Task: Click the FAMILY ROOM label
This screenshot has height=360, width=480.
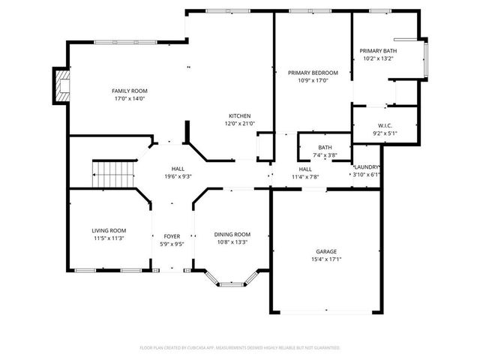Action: (x=129, y=90)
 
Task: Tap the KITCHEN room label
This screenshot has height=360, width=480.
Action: (x=240, y=115)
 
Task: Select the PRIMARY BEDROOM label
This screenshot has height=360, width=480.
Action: (x=313, y=73)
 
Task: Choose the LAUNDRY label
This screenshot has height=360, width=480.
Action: (x=367, y=167)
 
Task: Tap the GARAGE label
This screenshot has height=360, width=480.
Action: (x=326, y=251)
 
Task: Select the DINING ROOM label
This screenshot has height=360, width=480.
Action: (x=232, y=234)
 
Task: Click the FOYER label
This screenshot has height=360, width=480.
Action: (x=172, y=236)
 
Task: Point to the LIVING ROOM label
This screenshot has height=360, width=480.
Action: (x=109, y=230)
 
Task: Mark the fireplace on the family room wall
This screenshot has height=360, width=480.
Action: (x=59, y=85)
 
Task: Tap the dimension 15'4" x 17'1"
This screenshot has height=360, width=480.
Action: (x=326, y=259)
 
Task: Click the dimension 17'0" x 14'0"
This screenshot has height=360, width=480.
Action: (x=129, y=98)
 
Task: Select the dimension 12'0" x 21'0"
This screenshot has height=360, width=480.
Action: (x=240, y=124)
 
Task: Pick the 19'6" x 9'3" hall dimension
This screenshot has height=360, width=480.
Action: (x=177, y=176)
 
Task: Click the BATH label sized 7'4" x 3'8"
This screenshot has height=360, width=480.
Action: (x=325, y=148)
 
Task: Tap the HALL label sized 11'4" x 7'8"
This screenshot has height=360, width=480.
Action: (x=305, y=169)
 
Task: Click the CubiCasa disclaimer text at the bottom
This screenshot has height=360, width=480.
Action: (x=240, y=348)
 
